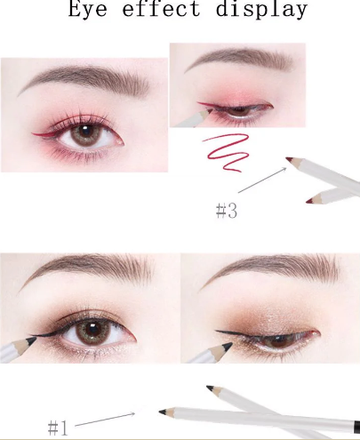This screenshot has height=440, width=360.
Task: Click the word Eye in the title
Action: click(87, 9)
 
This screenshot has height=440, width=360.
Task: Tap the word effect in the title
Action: click(161, 8)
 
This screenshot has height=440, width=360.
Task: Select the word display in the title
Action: click(261, 10)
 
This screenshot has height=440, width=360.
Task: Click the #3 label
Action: click(227, 211)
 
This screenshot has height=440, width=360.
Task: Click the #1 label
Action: click(58, 428)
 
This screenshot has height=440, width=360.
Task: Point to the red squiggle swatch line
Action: click(227, 153)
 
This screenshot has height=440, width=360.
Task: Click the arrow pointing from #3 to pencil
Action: click(262, 180)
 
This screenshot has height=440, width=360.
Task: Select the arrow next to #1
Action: click(105, 420)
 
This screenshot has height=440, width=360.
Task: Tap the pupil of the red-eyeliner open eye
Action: click(86, 132)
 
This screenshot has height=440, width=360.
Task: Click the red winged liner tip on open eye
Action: click(33, 133)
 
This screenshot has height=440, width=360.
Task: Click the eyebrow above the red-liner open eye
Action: click(83, 81)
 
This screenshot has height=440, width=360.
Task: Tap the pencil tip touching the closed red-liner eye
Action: click(211, 111)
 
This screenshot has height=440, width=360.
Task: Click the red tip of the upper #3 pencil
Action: click(289, 160)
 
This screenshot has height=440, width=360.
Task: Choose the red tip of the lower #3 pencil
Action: click(309, 201)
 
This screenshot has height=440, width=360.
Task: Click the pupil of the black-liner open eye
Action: click(92, 329)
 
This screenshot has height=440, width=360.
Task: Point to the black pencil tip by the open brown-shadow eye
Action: click(32, 340)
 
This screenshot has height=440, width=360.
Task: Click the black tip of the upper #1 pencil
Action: click(210, 388)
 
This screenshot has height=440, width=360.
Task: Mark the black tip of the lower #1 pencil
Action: click(163, 412)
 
